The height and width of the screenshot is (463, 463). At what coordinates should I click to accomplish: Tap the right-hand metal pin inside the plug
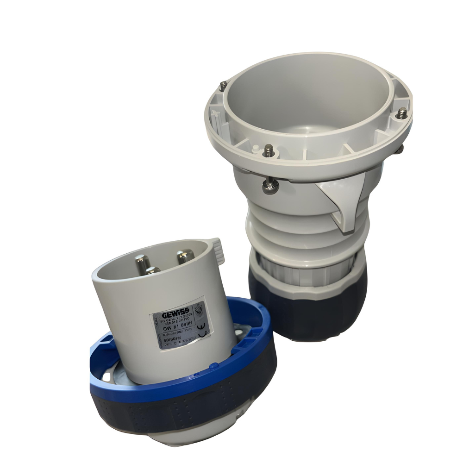pyautogui.click(x=185, y=256)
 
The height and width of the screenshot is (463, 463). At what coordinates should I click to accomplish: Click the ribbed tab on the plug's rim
pyautogui.click(x=217, y=249)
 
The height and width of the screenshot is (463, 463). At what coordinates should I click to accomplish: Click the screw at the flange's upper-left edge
pyautogui.click(x=224, y=85)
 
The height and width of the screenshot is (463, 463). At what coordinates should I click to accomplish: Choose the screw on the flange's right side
pyautogui.click(x=402, y=113)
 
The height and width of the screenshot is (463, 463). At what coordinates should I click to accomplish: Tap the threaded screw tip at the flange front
pyautogui.click(x=268, y=150)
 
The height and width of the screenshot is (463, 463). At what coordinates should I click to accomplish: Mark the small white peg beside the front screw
pyautogui.click(x=255, y=149)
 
